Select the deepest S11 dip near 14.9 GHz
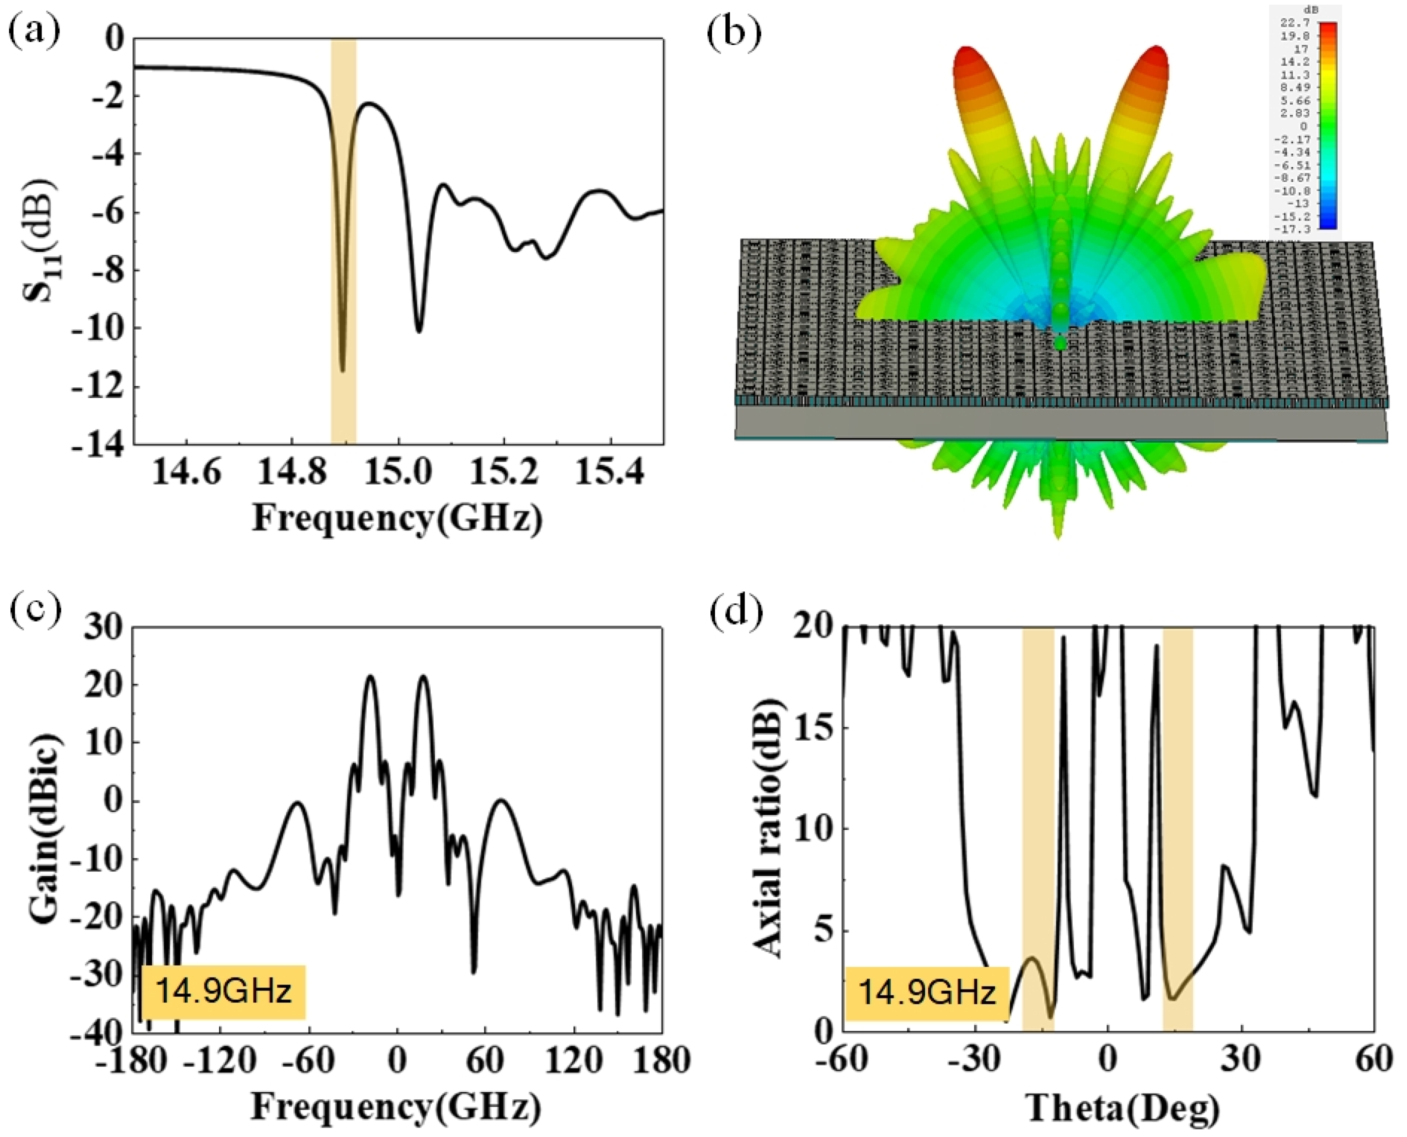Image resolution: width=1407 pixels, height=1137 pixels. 342,369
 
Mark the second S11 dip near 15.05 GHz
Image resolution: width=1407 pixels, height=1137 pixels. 419,331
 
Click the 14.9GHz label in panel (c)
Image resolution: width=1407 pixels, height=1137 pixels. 223,991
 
